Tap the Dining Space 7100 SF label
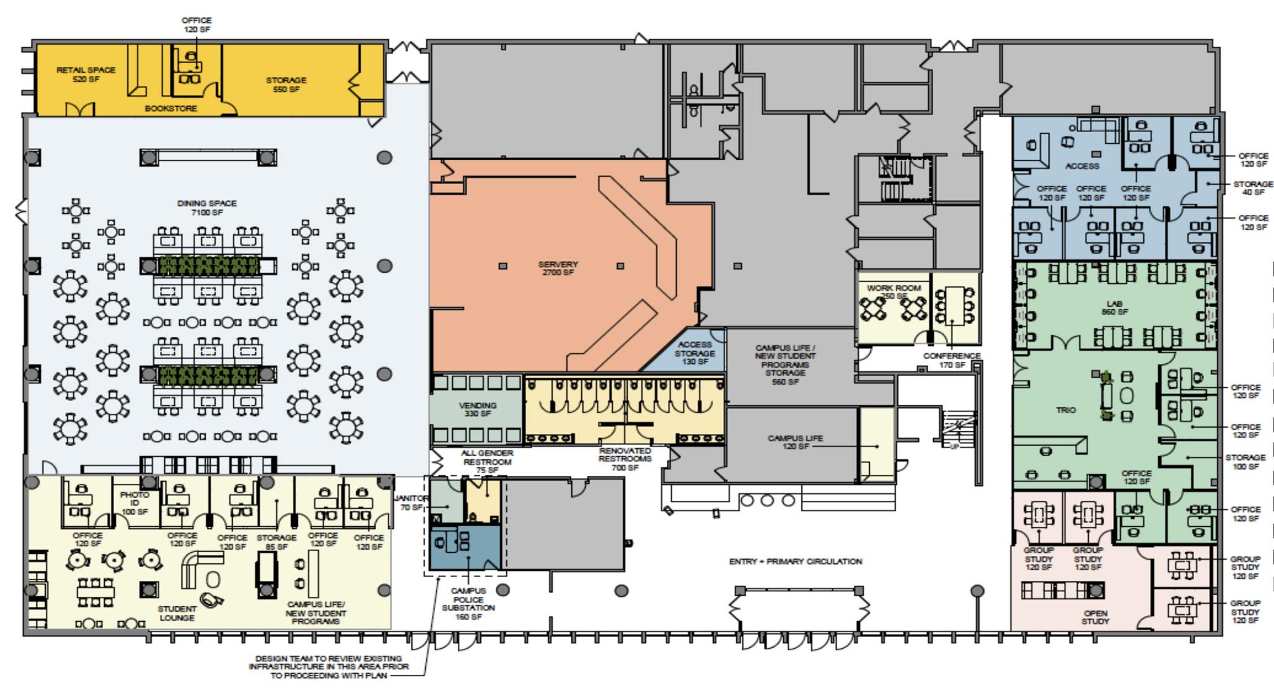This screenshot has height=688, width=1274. point(206,208)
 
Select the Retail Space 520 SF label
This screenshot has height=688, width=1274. point(86,74)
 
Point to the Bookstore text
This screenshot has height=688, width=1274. point(171,108)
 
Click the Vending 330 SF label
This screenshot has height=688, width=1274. point(477,409)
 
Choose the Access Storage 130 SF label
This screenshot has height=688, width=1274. point(695,353)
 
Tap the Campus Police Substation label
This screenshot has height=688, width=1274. point(468,604)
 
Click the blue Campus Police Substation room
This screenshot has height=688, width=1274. point(465,549)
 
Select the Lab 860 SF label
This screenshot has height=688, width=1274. point(1114,308)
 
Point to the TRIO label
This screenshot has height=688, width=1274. point(1066,410)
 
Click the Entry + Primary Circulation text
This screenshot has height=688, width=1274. point(796,562)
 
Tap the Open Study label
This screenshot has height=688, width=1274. point(1095,617)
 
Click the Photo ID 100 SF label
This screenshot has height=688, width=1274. point(134,503)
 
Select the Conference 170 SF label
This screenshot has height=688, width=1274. point(952,360)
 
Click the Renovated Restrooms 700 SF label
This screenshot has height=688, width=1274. point(625,459)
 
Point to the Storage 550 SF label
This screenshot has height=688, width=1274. point(286,84)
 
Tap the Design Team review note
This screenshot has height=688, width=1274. point(328,666)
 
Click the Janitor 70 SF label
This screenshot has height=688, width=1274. point(411,503)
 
